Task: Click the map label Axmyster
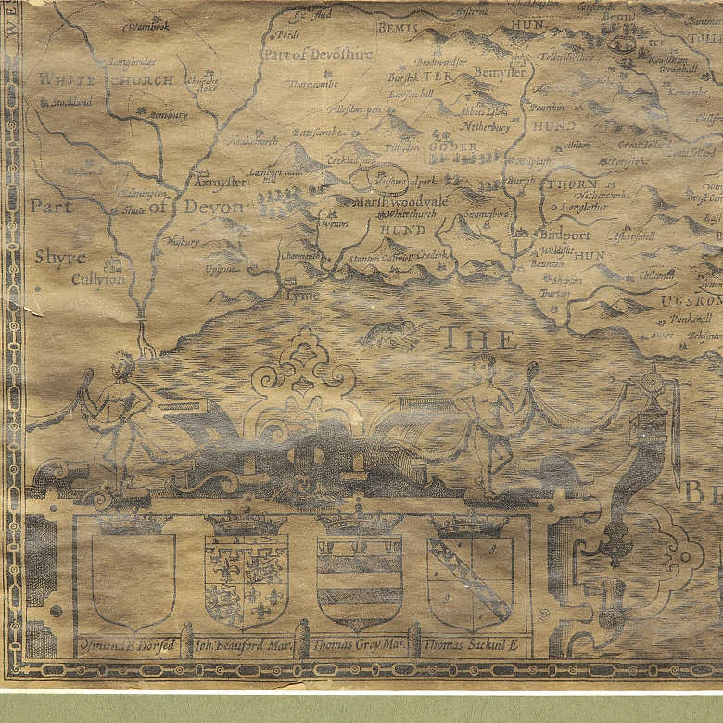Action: pyautogui.click(x=222, y=183)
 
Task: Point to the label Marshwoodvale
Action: pyautogui.click(x=400, y=201)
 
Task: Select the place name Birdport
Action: pyautogui.click(x=564, y=235)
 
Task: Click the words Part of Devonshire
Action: pyautogui.click(x=318, y=55)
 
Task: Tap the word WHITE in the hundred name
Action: pyautogui.click(x=67, y=81)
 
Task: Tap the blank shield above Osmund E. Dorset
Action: pyautogui.click(x=133, y=577)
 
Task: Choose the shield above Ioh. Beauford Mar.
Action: pyautogui.click(x=247, y=577)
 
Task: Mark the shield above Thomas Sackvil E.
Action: pyautogui.click(x=470, y=577)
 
